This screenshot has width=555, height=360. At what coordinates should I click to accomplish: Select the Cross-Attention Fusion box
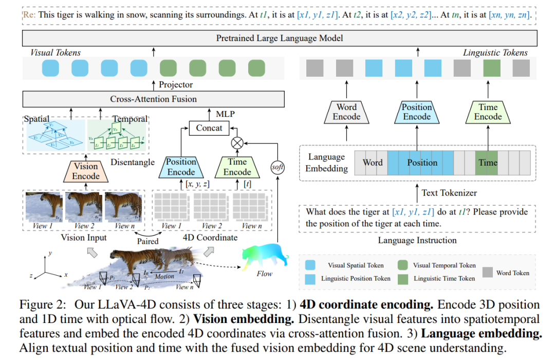(153, 99)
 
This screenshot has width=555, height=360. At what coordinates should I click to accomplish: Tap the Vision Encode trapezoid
(86, 171)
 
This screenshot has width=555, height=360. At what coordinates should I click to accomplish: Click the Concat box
(209, 128)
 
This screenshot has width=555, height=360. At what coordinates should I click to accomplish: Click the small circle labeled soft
(277, 167)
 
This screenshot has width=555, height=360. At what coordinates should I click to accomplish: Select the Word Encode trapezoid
(347, 112)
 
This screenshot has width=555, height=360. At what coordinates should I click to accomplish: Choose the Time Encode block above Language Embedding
(488, 112)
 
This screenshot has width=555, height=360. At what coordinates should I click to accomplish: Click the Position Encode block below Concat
(181, 167)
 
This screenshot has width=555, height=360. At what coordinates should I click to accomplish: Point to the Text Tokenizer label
(449, 193)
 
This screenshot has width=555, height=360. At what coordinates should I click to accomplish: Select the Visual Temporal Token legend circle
(403, 265)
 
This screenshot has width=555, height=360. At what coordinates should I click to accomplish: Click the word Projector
(176, 84)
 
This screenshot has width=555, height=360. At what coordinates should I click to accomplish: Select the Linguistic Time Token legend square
(403, 278)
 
